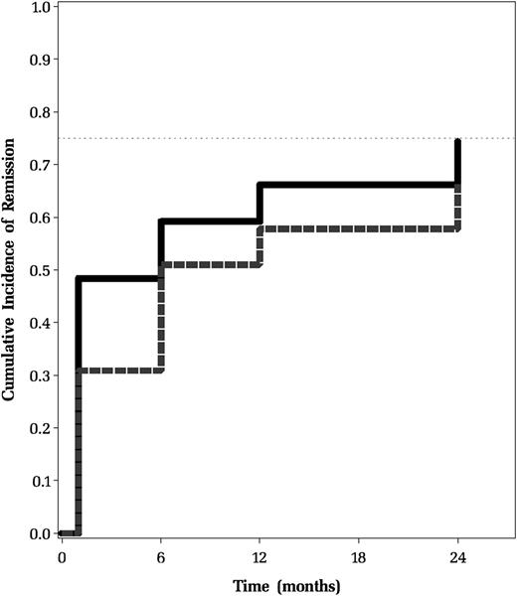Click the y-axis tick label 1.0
pyautogui.click(x=41, y=7)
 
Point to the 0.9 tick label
pyautogui.click(x=41, y=60)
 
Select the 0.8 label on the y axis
pyautogui.click(x=41, y=112)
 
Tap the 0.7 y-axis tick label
pyautogui.click(x=41, y=165)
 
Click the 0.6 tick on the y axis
pyautogui.click(x=41, y=218)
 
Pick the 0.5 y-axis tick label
pyautogui.click(x=41, y=270)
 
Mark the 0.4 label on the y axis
pyautogui.click(x=41, y=323)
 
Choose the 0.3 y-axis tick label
pyautogui.click(x=41, y=375)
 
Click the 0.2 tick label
pyautogui.click(x=41, y=428)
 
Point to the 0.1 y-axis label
pyautogui.click(x=41, y=481)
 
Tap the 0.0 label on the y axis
pyautogui.click(x=41, y=533)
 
